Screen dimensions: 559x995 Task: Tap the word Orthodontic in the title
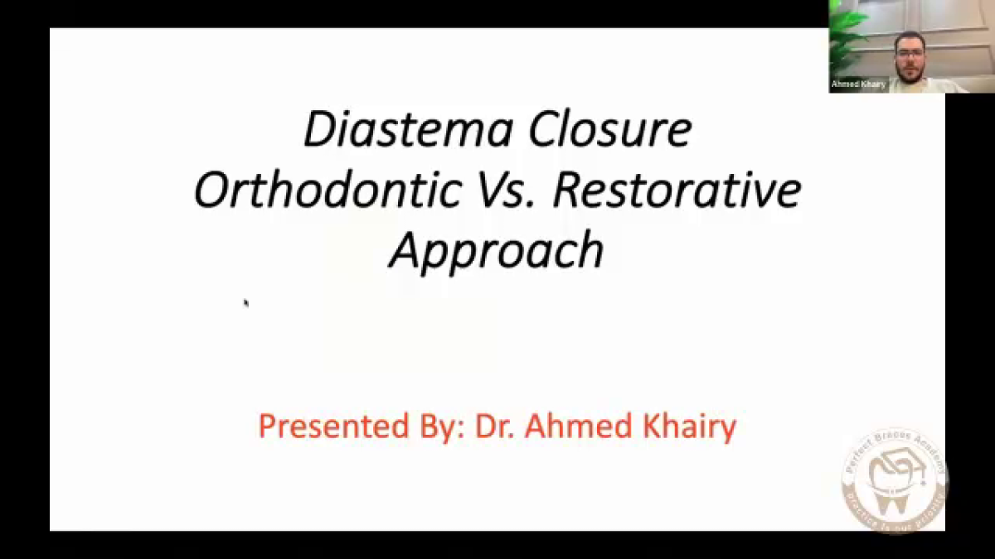point(327,190)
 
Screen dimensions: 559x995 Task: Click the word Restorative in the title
point(677,190)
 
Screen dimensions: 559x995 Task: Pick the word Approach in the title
point(496,250)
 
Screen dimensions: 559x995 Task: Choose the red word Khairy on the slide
point(687,427)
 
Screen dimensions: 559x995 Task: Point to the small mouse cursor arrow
point(246,303)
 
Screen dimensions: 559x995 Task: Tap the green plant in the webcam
point(845,33)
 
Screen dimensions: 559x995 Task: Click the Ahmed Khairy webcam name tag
point(858,84)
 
